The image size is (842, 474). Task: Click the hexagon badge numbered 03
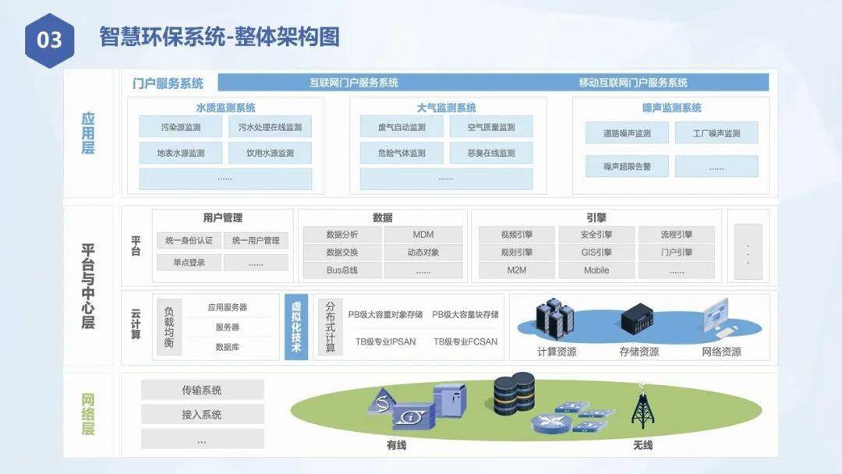tap(49, 41)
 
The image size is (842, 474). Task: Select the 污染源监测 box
tap(180, 127)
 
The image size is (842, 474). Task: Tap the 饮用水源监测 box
tap(270, 153)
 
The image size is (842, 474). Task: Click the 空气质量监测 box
tap(491, 127)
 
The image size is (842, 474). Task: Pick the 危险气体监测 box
tap(402, 153)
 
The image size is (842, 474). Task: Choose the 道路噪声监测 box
tap(627, 133)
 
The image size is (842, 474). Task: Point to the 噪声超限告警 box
tap(627, 166)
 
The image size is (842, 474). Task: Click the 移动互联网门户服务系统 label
tap(633, 83)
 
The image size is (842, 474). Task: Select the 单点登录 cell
tap(189, 263)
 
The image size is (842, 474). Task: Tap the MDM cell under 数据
tap(423, 235)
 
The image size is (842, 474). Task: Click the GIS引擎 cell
tap(596, 253)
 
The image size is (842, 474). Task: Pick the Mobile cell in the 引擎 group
tap(596, 270)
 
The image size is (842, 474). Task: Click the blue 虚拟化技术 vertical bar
tap(296, 327)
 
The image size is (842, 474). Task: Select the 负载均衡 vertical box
tap(169, 327)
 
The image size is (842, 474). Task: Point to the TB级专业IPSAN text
tap(386, 341)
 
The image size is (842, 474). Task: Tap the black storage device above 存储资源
tap(637, 319)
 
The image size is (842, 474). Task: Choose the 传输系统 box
tap(203, 391)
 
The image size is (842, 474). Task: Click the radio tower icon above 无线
tap(642, 406)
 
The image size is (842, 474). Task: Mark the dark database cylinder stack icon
tap(514, 394)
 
